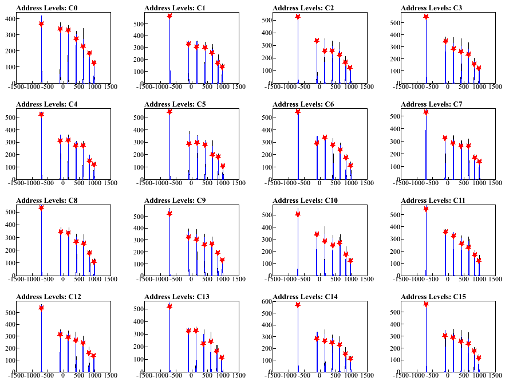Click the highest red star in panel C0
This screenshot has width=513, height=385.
[x=41, y=23]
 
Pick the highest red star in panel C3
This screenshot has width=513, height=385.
[x=426, y=17]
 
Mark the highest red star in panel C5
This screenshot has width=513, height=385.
[x=169, y=112]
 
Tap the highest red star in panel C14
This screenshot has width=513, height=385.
[x=298, y=305]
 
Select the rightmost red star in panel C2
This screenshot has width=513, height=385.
[x=350, y=68]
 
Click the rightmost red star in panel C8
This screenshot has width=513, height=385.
[x=94, y=262]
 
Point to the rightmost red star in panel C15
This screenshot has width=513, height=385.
[x=479, y=358]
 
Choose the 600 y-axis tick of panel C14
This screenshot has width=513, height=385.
[x=266, y=301]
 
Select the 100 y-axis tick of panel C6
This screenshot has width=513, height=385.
[x=266, y=167]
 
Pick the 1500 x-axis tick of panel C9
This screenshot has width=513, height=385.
[x=238, y=280]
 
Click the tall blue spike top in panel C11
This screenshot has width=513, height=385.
[x=426, y=207]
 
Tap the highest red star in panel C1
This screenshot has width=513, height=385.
[x=169, y=16]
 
